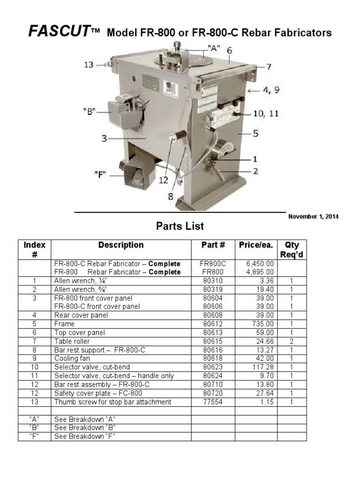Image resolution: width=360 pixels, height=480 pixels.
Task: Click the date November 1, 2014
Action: (x=313, y=217)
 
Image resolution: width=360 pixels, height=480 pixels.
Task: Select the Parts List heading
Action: (x=180, y=226)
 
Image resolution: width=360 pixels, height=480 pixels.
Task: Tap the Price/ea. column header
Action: (x=256, y=245)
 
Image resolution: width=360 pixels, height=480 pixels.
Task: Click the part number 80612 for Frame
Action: (x=213, y=324)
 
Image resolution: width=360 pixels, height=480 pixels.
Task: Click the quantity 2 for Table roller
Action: (x=291, y=341)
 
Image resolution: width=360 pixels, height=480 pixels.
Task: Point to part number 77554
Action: (x=213, y=402)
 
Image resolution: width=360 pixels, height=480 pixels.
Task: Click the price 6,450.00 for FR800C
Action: (x=261, y=263)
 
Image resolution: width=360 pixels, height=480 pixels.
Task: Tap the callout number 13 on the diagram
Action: (x=89, y=65)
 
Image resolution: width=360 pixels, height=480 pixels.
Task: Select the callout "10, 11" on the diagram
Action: (x=266, y=113)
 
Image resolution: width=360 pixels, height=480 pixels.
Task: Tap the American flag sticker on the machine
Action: (x=170, y=87)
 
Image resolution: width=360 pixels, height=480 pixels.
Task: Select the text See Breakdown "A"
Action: (x=85, y=419)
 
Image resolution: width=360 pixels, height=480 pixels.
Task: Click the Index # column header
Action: (x=35, y=249)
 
